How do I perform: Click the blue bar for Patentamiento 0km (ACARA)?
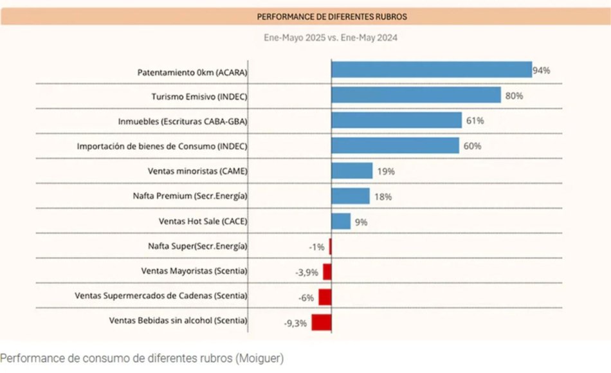[x=431, y=69]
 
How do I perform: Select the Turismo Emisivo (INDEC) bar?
[x=415, y=95]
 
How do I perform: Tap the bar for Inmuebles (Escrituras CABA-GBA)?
[x=396, y=120]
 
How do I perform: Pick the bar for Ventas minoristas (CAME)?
[x=352, y=170]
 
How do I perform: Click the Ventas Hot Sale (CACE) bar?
[x=341, y=221]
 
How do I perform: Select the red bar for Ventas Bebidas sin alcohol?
[x=321, y=322]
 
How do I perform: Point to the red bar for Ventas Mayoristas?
[x=327, y=271]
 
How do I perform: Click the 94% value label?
[x=542, y=71]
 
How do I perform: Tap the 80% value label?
[x=514, y=96]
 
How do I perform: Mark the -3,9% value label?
[x=307, y=272]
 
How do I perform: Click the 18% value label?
[x=383, y=197]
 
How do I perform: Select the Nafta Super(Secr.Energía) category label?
[x=197, y=246]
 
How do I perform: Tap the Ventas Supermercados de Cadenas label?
[x=161, y=296]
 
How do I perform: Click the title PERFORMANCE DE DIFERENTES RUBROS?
[x=332, y=16]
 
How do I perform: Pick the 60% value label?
[x=472, y=146]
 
